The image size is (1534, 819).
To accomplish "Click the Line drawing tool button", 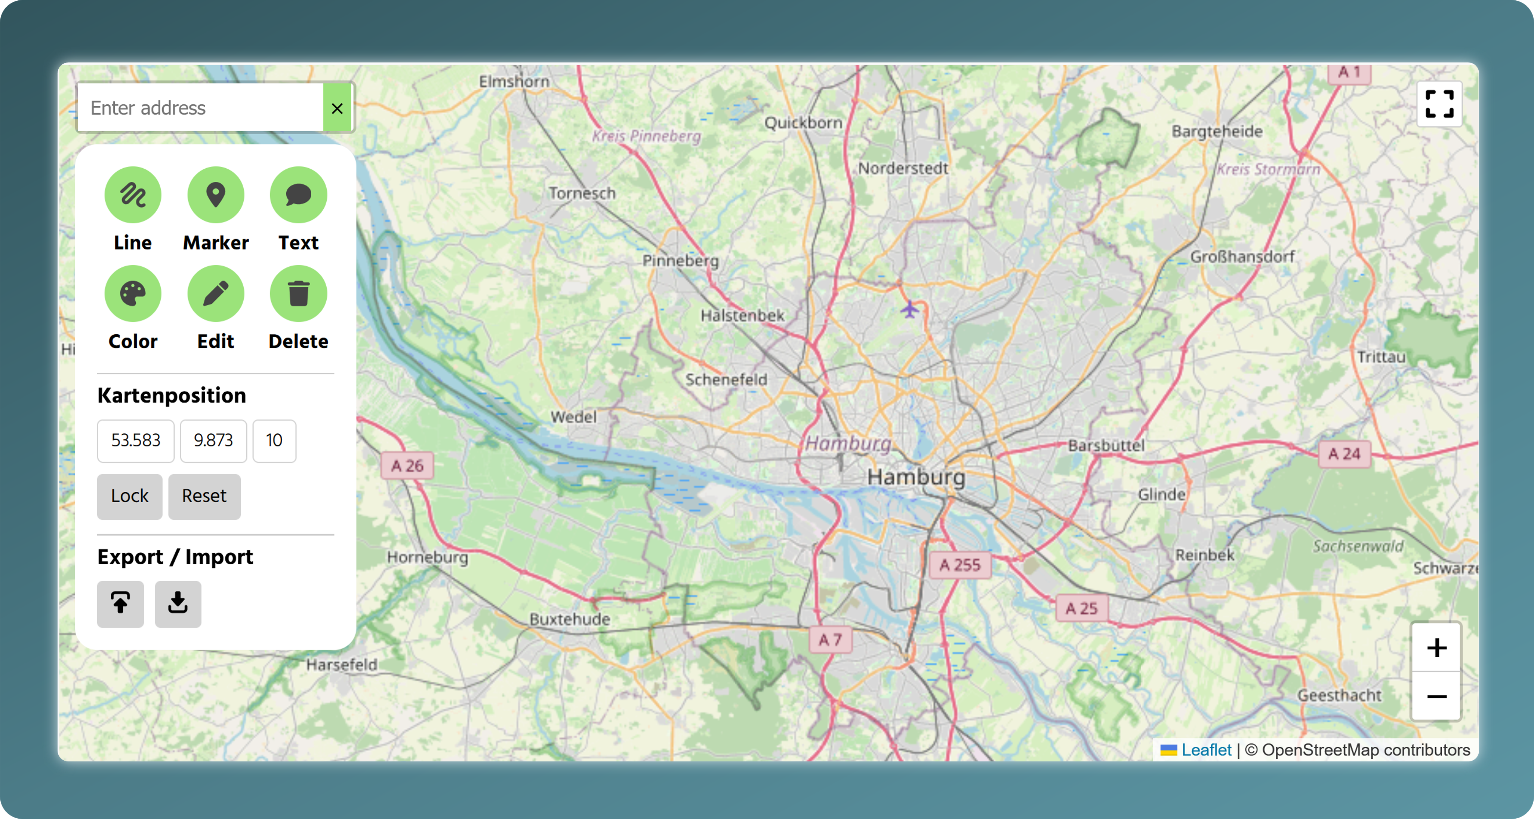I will [133, 195].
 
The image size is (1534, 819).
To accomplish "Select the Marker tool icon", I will [216, 195].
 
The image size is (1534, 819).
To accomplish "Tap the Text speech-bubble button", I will [298, 195].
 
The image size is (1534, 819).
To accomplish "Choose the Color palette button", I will [133, 294].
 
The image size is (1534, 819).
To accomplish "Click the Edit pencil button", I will [216, 294].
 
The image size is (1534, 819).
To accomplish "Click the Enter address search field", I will [201, 108].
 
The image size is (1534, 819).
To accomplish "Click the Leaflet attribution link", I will [1206, 750].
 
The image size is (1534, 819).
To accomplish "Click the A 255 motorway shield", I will [960, 565].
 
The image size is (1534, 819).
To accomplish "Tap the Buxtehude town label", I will [570, 619].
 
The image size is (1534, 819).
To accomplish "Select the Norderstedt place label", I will [903, 169].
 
